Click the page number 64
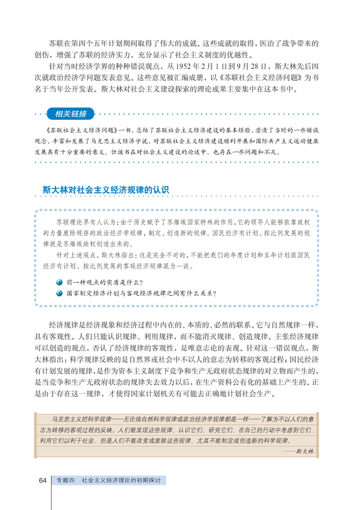(x=42, y=480)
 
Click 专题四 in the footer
(x=65, y=480)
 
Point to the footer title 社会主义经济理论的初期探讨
(x=120, y=480)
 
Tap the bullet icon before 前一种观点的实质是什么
(x=59, y=283)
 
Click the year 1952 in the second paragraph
(x=184, y=65)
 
